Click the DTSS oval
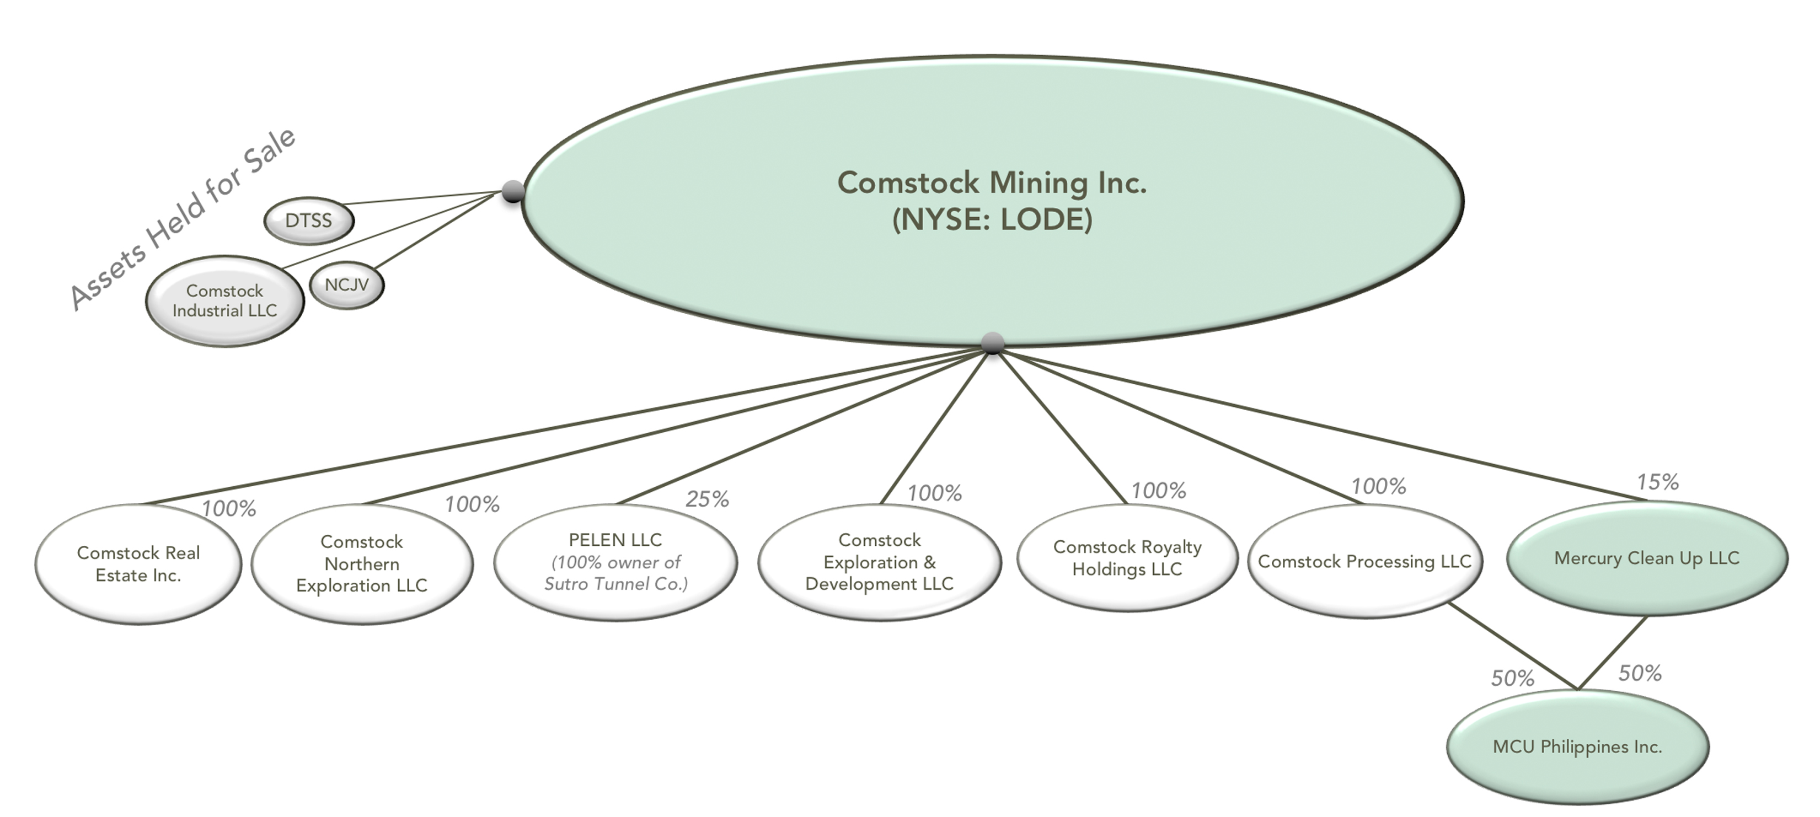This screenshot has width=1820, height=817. point(309,221)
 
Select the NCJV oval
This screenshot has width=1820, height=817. point(347,285)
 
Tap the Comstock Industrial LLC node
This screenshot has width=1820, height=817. point(224,301)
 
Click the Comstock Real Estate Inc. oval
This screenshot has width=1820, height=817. point(138,563)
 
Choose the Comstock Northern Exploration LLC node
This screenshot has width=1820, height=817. point(362,563)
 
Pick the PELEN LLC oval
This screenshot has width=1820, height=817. point(615,562)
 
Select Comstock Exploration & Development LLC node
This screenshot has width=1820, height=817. point(880,562)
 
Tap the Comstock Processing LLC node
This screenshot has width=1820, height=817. point(1364,561)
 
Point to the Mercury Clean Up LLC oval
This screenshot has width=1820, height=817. point(1647,558)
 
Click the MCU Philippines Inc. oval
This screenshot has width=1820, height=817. point(1578,747)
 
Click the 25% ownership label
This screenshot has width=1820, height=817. point(707,500)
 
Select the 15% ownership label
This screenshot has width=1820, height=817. point(1657,483)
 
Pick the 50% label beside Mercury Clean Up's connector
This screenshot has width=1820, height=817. point(1640,674)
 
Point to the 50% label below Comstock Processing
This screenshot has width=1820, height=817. point(1513,679)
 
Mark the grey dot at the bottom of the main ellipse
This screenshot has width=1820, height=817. point(993,343)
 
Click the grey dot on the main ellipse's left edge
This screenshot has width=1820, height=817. point(513,191)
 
